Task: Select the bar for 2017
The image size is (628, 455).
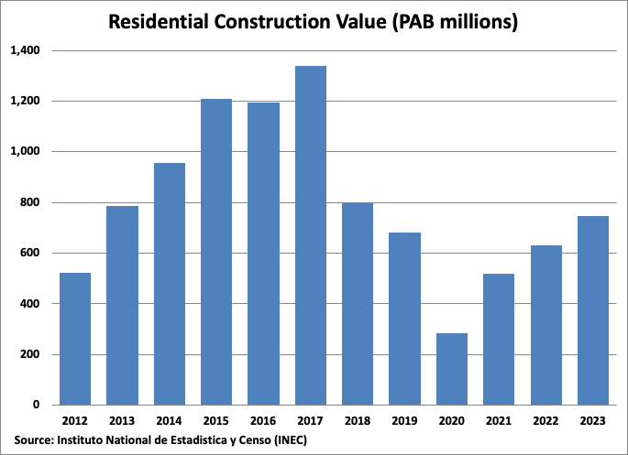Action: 311,235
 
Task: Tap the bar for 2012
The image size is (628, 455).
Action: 75,339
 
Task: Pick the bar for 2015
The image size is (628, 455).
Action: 216,252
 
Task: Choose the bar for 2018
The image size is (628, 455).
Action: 358,303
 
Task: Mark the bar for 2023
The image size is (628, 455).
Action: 592,310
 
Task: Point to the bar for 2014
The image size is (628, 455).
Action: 170,284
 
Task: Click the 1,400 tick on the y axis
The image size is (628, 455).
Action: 25,50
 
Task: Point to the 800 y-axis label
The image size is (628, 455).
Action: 32,202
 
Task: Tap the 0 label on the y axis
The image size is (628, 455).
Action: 38,405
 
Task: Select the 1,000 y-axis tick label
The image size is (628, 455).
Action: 25,152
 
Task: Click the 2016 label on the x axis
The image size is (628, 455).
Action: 263,420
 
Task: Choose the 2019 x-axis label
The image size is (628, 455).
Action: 404,420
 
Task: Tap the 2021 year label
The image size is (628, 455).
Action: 499,420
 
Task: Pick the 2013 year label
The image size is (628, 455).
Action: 122,420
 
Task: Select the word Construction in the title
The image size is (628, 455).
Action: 280,22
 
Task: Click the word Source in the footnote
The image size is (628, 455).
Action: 33,440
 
